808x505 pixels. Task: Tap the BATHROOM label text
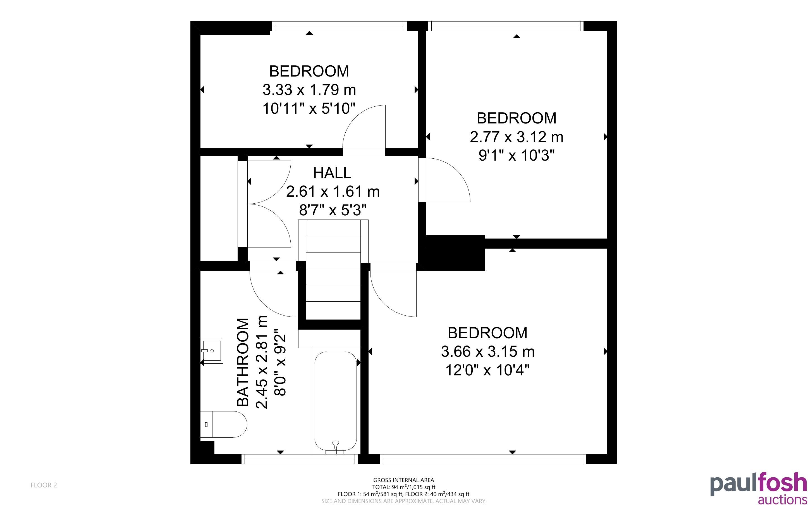[x=243, y=362]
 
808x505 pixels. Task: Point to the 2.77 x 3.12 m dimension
[x=516, y=137]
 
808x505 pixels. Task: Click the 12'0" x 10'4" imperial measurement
[x=487, y=370]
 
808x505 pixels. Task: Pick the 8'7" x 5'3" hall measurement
[x=333, y=210]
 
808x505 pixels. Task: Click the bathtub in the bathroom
[x=336, y=401]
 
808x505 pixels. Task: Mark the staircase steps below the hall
[x=333, y=269]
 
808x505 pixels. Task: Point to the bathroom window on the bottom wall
[x=300, y=459]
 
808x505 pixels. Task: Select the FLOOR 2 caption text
[x=44, y=485]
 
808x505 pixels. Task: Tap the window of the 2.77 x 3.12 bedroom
[x=506, y=26]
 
